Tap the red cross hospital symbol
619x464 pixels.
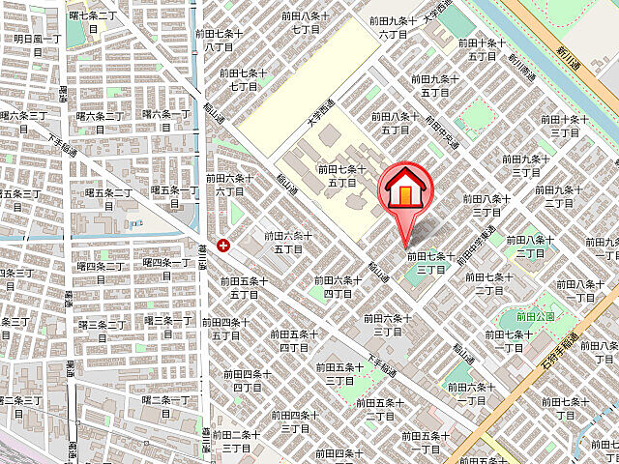tap(225, 246)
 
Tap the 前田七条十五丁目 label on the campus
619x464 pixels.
tap(341, 175)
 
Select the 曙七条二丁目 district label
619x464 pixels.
tap(93, 22)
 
